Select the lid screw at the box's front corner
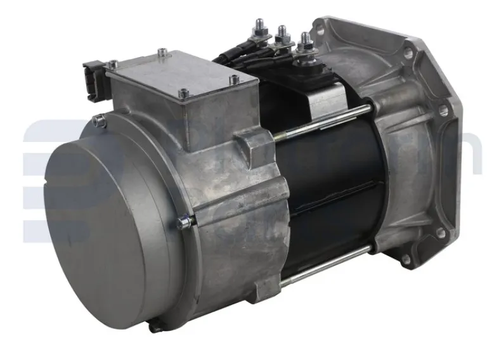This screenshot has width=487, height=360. tap(183, 94)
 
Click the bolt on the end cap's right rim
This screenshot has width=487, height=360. tap(185, 221)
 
